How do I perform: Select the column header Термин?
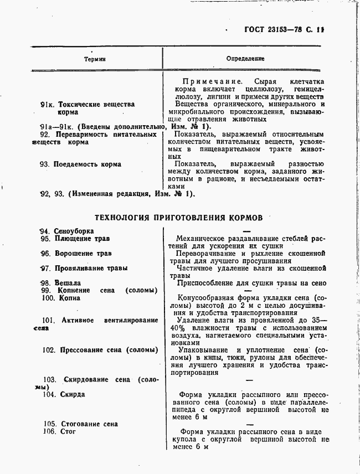pyautogui.click(x=95, y=59)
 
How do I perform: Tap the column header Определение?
pyautogui.click(x=245, y=59)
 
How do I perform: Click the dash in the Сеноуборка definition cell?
pyautogui.click(x=247, y=231)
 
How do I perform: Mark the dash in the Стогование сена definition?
pyautogui.click(x=247, y=424)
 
